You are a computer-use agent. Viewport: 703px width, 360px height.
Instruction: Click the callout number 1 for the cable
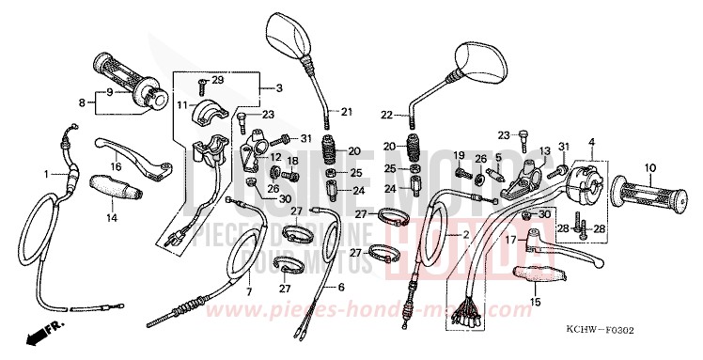44,174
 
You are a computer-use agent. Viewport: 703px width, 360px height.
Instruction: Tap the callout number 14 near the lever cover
111,217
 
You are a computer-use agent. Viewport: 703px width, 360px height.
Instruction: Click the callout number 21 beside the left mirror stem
347,112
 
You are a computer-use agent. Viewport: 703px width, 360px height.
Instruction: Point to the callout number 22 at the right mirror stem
385,115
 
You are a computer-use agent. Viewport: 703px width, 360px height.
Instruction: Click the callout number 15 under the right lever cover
536,302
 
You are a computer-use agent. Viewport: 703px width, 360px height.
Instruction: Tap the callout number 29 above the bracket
218,80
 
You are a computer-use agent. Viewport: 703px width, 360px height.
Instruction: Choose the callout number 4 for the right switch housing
591,142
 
